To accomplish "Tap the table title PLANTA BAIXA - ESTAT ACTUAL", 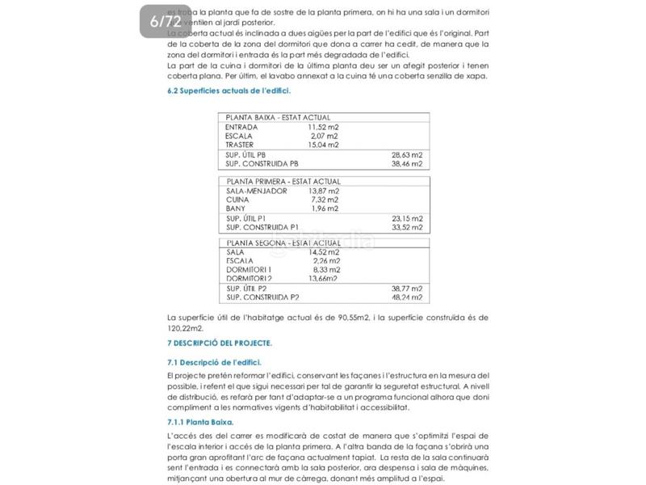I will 278,118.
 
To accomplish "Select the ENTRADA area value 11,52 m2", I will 323,127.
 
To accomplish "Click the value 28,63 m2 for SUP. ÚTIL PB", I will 407,154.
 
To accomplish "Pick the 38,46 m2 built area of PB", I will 407,162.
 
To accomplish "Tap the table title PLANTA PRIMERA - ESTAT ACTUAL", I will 283,182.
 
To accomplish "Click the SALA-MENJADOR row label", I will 257,191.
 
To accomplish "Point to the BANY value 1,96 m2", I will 325,209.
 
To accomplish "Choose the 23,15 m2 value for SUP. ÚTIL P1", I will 407,218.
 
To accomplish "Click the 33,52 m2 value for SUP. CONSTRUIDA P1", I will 407,227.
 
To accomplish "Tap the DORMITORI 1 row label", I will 249,270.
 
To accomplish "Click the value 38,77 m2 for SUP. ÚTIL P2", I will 407,289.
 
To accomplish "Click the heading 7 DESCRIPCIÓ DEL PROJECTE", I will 219,344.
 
